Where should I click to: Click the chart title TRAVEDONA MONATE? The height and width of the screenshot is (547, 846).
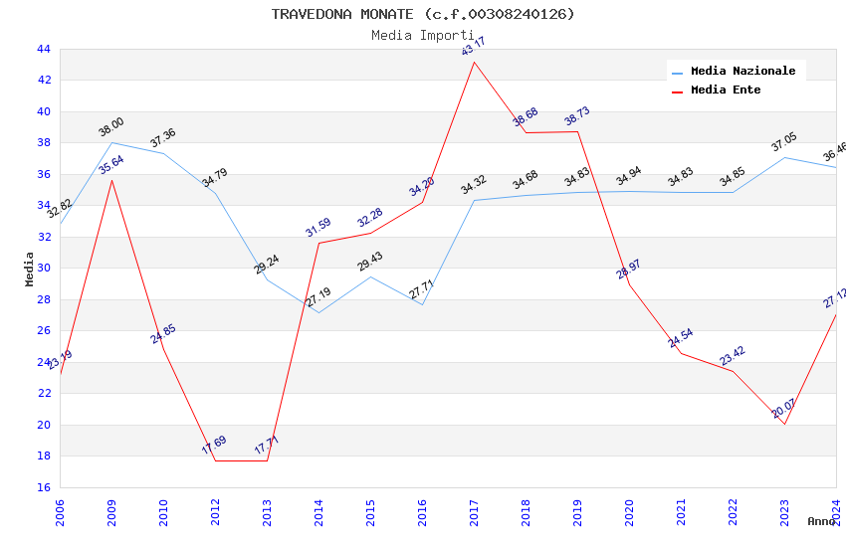(423, 14)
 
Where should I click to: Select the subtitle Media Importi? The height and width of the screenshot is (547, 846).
(423, 35)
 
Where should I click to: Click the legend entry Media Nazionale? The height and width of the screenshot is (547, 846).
(742, 71)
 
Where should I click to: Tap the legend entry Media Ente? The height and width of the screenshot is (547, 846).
(726, 90)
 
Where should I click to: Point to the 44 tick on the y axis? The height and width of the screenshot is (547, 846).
(43, 49)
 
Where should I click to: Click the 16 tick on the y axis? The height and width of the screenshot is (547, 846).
(43, 487)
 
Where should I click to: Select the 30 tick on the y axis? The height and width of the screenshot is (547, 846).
(43, 269)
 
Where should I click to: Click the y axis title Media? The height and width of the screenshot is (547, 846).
(30, 269)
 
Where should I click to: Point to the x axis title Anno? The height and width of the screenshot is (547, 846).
(821, 521)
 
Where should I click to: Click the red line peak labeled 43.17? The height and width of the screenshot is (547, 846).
(474, 62)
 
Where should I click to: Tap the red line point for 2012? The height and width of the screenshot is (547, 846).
(215, 460)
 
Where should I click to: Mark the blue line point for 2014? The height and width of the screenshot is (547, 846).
(318, 312)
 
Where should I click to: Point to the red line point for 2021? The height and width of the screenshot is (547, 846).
(681, 353)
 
